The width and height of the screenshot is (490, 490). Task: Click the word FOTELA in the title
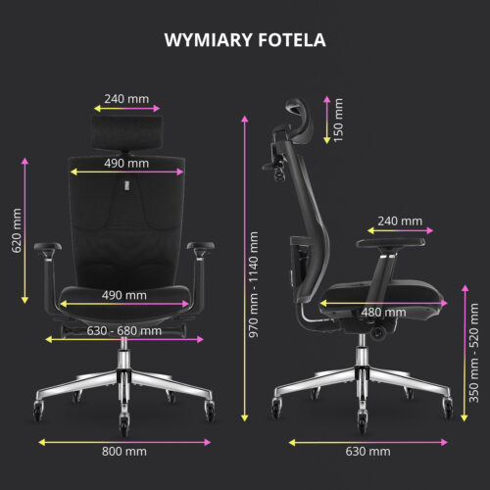[292, 40]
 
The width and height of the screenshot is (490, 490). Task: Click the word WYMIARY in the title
[209, 40]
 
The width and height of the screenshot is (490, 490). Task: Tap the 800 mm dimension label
[124, 452]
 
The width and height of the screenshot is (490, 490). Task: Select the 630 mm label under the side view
[367, 452]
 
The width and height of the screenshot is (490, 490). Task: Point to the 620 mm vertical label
[17, 230]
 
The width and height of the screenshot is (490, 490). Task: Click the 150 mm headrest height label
[338, 120]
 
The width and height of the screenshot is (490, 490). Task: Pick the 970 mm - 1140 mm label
[254, 284]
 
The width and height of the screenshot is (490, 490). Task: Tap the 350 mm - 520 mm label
[473, 353]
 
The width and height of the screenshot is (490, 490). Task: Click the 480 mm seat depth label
[383, 313]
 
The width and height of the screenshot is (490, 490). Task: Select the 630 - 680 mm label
[124, 331]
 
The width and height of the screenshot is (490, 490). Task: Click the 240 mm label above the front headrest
[126, 99]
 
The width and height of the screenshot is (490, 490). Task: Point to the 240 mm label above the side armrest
[400, 221]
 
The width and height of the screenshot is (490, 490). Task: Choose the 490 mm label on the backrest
[126, 163]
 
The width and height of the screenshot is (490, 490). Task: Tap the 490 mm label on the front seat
[124, 295]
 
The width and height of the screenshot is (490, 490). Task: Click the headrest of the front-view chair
[126, 132]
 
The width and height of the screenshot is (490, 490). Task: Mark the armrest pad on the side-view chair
[390, 243]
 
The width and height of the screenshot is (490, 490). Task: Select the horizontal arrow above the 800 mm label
[124, 442]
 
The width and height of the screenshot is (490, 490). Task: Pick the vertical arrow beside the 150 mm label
[327, 120]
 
